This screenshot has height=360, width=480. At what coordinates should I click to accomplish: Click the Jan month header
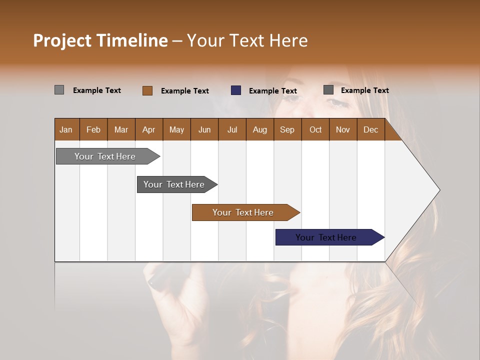(x=66, y=129)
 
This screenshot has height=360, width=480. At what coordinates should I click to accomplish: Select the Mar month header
(x=121, y=129)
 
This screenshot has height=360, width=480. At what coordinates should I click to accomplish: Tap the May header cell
(x=176, y=129)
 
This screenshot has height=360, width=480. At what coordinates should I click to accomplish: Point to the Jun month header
(x=204, y=129)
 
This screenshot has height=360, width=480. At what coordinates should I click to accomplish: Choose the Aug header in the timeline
(x=259, y=129)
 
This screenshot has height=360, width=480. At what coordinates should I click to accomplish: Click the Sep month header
(x=287, y=129)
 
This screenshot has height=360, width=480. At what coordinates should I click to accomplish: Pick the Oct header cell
(x=315, y=129)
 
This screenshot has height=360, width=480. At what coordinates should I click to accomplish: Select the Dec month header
(x=370, y=129)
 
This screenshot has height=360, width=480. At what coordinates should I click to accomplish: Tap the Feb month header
(x=93, y=129)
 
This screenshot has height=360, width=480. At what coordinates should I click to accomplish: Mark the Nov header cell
(x=342, y=129)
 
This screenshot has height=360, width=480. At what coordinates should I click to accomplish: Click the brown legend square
(x=147, y=90)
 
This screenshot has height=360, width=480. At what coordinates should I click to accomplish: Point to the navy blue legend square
(x=236, y=90)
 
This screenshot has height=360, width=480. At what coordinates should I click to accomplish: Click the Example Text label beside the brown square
(x=185, y=91)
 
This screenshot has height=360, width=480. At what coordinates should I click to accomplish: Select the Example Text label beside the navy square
(x=273, y=91)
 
